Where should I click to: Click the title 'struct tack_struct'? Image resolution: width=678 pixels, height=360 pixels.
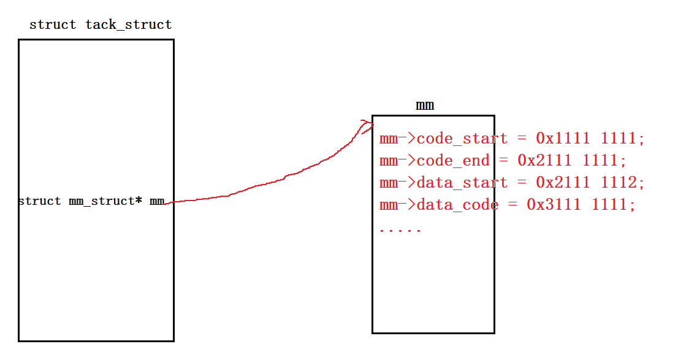tap(101, 25)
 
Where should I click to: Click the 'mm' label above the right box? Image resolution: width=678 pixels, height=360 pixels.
tap(425, 105)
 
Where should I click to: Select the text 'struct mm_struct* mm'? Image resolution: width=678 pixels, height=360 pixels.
tap(91, 201)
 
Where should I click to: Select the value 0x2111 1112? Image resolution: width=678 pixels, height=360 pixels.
tap(588, 183)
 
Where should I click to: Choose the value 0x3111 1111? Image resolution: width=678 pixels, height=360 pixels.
tap(579, 205)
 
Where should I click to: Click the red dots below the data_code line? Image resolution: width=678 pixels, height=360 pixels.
tap(400, 231)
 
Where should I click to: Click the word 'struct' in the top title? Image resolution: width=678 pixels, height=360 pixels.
tap(53, 25)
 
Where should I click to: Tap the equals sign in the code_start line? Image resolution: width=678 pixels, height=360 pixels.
tap(522, 139)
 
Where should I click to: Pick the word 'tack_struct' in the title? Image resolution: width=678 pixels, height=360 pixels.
tap(129, 25)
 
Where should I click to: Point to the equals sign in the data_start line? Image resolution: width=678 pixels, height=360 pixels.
tap(522, 183)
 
